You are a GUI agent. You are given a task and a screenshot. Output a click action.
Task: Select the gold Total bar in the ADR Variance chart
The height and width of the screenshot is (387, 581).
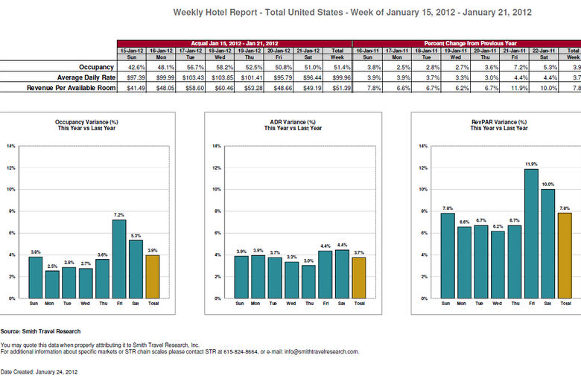coord(359,278)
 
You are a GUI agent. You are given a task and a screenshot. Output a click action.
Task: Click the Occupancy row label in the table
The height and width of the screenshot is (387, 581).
coord(96,67)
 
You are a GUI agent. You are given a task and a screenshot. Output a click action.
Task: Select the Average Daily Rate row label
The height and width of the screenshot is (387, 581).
coord(85,77)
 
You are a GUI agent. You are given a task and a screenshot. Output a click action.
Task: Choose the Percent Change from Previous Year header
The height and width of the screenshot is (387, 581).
coord(466,43)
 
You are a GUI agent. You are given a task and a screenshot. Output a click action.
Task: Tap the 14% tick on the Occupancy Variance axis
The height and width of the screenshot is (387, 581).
coord(11,146)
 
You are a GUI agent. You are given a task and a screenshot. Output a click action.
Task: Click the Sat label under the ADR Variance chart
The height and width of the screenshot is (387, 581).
coord(342,304)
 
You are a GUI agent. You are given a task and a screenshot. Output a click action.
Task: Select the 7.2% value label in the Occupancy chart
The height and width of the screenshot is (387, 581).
coord(119,214)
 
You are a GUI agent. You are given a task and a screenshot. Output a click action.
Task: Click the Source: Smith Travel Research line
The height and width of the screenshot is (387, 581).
coord(40,331)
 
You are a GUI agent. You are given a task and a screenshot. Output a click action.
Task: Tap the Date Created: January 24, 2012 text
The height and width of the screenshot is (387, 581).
coord(39,371)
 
